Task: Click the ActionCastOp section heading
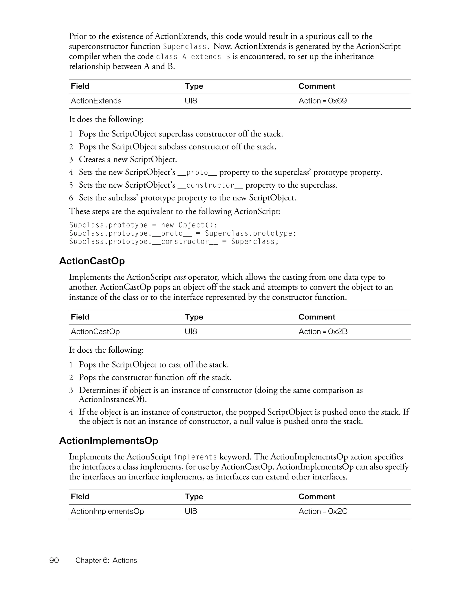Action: coord(92,261)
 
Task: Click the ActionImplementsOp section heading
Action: coord(108,441)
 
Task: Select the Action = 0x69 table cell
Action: coord(323,101)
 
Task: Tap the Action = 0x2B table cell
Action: coord(323,332)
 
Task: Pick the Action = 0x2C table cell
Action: coord(323,512)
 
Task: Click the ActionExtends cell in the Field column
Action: coord(96,101)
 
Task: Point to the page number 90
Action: coord(54,560)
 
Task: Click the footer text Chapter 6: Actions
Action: coord(106,560)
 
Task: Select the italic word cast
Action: coord(179,277)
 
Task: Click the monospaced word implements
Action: coord(195,457)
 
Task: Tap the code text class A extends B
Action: coord(193,57)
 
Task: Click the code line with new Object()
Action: coord(143,225)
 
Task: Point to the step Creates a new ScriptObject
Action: coord(128,159)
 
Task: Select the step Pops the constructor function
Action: coord(155,378)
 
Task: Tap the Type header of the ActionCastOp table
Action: coord(194,317)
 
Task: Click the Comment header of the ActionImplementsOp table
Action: coord(317,497)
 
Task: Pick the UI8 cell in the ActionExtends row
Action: coord(191,101)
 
